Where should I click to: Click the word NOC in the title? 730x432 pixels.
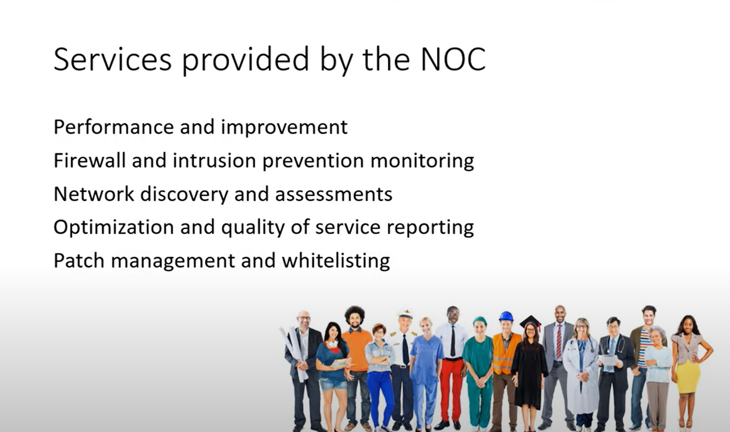[453, 59]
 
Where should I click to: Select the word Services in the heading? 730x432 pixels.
[112, 59]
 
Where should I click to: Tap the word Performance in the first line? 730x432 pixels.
[113, 127]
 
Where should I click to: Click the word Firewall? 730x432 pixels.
[90, 160]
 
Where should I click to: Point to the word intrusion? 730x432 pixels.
[214, 160]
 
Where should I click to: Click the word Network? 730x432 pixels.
[94, 193]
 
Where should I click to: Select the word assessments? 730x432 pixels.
[334, 195]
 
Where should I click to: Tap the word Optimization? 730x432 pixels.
[113, 227]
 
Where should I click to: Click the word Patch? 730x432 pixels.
[79, 261]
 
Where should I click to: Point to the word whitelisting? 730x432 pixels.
[336, 261]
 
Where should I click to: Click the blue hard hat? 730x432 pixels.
[506, 316]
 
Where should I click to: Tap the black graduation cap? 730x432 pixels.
[531, 321]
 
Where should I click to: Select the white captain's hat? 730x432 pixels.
[405, 314]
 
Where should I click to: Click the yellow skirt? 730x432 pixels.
[688, 376]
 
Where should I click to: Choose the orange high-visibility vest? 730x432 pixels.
[505, 354]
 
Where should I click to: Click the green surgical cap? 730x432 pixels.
[480, 320]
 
